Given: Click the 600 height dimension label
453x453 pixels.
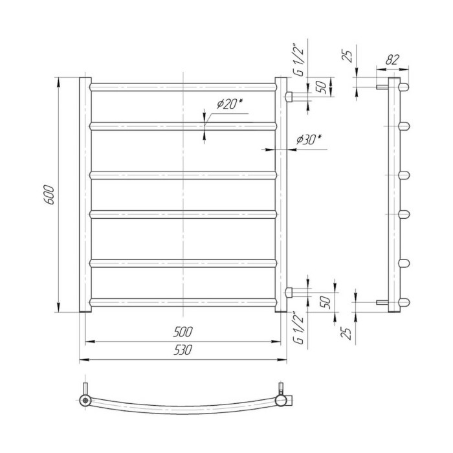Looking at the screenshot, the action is [x=49, y=195].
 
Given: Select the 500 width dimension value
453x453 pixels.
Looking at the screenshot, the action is [x=182, y=332].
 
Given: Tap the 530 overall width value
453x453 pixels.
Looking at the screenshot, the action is [x=182, y=350].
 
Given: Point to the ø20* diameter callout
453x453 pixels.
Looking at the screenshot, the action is [x=230, y=104].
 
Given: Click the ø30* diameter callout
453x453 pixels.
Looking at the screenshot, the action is [x=309, y=140].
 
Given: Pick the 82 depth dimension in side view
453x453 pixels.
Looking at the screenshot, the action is [x=392, y=60].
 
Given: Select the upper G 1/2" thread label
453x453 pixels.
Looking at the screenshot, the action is [x=299, y=60].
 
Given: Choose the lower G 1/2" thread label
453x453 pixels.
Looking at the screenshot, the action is [x=299, y=327].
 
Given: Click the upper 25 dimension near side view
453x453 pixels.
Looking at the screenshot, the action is [x=348, y=56].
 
